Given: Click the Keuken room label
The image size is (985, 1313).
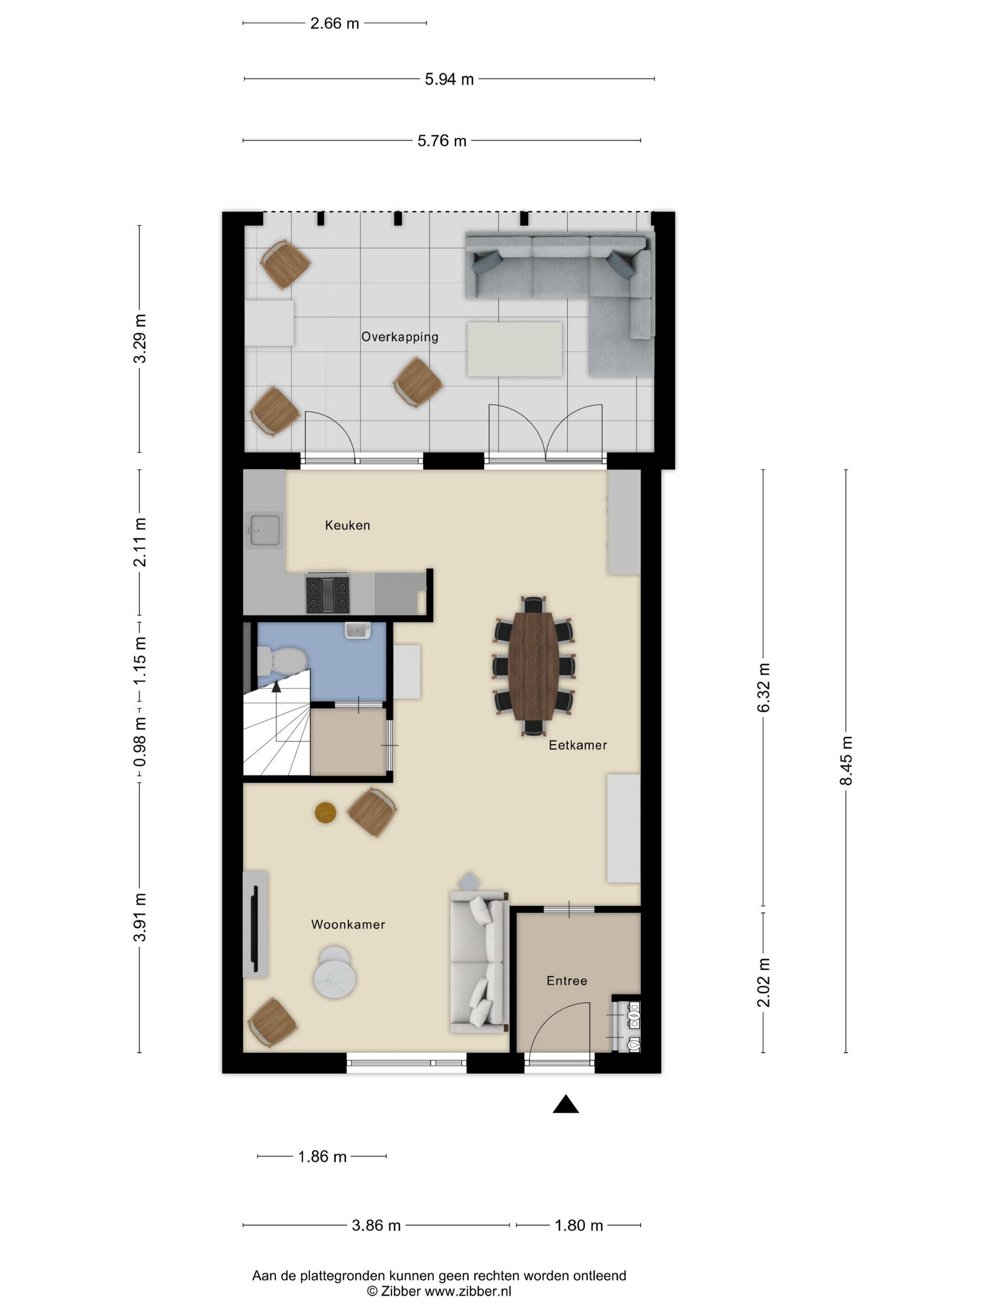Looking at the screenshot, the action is (x=348, y=525).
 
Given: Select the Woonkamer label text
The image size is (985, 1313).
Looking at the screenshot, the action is (x=348, y=924).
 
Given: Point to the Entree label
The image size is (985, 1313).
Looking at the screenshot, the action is (x=567, y=981).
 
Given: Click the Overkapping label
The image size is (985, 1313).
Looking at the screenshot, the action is (x=400, y=337).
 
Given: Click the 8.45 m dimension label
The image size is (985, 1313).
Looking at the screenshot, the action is (x=846, y=761).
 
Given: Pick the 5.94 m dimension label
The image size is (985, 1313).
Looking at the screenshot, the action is (x=449, y=79).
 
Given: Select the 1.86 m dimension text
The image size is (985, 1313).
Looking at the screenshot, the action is (x=322, y=1156).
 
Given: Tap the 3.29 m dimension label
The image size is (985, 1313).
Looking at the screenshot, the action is (x=139, y=339).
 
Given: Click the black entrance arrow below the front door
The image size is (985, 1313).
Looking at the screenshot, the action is (x=565, y=1103).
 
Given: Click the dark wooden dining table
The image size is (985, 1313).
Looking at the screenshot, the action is (x=534, y=666).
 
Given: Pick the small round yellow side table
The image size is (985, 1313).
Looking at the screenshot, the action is (x=326, y=813).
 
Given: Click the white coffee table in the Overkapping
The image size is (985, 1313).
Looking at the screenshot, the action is (x=514, y=349).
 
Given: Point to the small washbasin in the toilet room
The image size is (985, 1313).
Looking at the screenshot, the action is (x=358, y=630).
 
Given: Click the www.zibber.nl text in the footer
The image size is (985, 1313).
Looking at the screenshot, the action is (x=467, y=1291).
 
